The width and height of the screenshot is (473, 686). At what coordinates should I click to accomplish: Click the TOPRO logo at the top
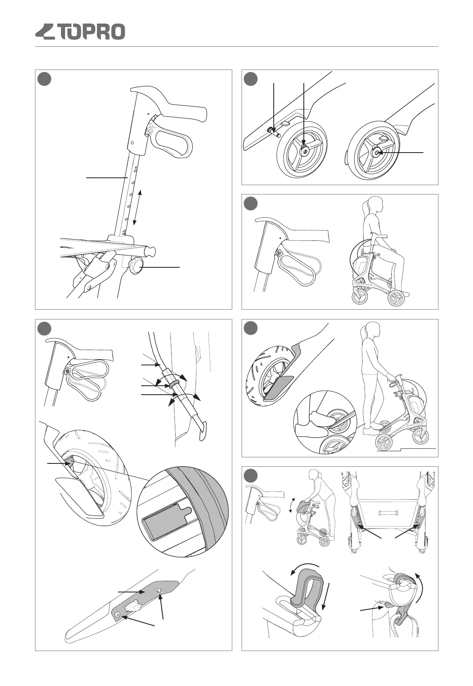[x=80, y=32]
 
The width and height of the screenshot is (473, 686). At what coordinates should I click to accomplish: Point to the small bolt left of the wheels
[x=270, y=131]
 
